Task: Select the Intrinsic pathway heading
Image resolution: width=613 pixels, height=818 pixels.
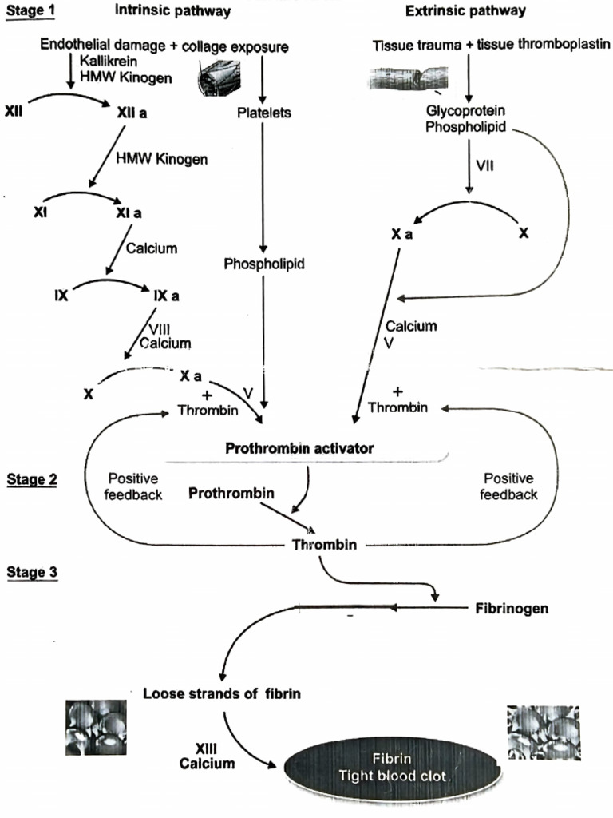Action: (x=173, y=10)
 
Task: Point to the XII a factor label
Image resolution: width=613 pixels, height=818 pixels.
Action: (x=132, y=113)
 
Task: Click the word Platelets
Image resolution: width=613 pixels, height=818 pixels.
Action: (x=264, y=113)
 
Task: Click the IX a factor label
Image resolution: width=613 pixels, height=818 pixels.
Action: (x=167, y=296)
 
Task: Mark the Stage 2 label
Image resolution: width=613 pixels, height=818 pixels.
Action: (x=31, y=479)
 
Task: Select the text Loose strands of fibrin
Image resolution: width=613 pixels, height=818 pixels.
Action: (x=222, y=693)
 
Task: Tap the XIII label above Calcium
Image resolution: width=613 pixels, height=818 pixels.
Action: (x=207, y=749)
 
